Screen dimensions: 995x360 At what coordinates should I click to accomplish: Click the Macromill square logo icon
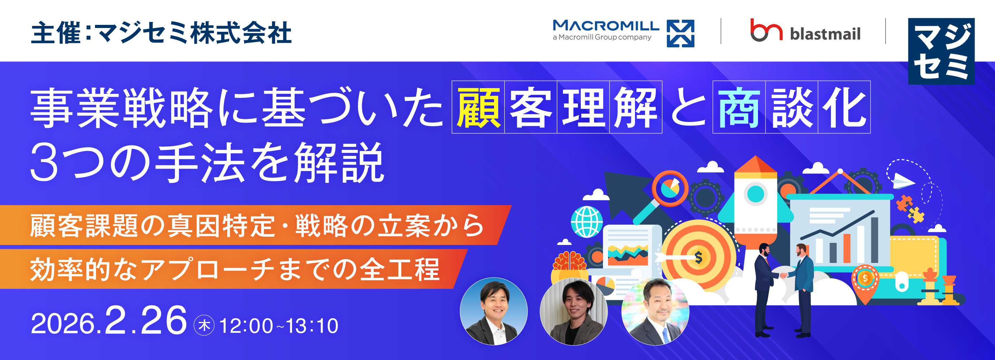pos(680,34)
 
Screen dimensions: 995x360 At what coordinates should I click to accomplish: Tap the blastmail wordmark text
pos(825,34)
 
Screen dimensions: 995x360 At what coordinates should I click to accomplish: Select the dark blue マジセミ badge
pos(941,51)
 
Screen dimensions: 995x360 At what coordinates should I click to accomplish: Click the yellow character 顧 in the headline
pos(478,107)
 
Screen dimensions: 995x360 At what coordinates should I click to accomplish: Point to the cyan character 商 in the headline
pos(739,107)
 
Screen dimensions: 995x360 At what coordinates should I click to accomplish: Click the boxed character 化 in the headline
pos(844,107)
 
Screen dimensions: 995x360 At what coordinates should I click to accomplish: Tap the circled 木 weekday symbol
pos(204,325)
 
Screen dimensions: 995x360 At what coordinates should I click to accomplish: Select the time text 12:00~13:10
pos(279,325)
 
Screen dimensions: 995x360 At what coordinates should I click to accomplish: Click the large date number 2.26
pos(145,320)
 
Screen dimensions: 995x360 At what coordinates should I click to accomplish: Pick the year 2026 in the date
pos(63,324)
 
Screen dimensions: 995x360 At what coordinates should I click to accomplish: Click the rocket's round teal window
pos(756,193)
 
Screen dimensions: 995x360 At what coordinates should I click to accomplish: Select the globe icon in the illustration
pos(587,222)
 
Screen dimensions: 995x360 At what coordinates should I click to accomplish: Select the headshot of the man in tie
pos(655,311)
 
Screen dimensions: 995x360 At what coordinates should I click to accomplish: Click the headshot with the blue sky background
pos(494,311)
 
